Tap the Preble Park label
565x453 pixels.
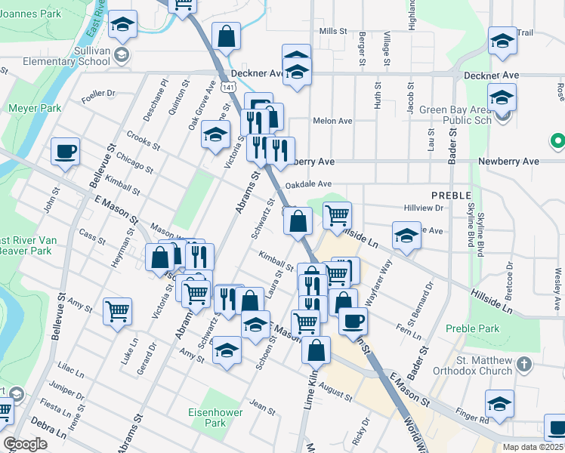click(x=473, y=328)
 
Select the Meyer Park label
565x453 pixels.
click(x=35, y=108)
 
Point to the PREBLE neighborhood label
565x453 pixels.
click(x=451, y=195)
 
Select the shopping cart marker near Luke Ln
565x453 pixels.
click(x=117, y=310)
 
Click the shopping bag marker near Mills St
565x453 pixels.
click(x=226, y=35)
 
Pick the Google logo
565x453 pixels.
click(x=25, y=444)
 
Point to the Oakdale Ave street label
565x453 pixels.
click(x=308, y=184)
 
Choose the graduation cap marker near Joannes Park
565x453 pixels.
click(x=122, y=26)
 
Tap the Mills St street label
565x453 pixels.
click(x=332, y=32)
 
